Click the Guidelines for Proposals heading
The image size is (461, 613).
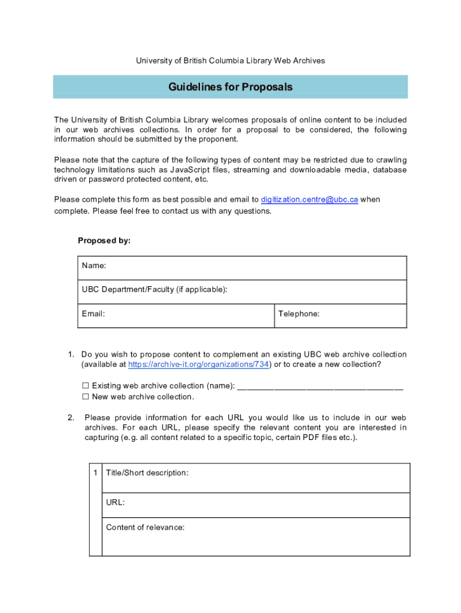(230, 87)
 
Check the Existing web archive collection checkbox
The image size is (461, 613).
(86, 386)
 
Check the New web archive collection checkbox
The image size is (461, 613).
(86, 396)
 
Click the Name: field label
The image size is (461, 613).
(94, 266)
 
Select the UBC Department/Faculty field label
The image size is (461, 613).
(154, 290)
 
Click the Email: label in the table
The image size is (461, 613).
(93, 313)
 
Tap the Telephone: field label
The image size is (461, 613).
(299, 313)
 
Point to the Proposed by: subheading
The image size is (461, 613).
(104, 241)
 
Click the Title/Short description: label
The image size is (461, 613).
(147, 473)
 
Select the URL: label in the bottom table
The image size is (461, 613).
(116, 503)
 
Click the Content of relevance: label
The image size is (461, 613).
(145, 527)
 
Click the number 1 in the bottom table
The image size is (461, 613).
(95, 473)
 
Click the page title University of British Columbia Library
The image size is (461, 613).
(230, 60)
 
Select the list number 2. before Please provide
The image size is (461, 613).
(71, 417)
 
